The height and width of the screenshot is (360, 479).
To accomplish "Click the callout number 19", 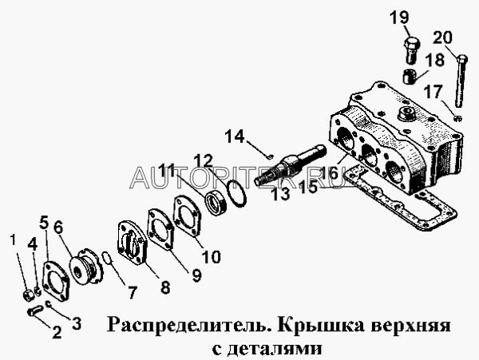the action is (x=399, y=17).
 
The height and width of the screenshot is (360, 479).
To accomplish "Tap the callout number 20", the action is (x=442, y=38).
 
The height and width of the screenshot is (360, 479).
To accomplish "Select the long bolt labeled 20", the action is (x=460, y=81).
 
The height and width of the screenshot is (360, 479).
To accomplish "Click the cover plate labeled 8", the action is (x=133, y=243).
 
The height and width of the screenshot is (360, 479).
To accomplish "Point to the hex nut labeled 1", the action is (x=28, y=295).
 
